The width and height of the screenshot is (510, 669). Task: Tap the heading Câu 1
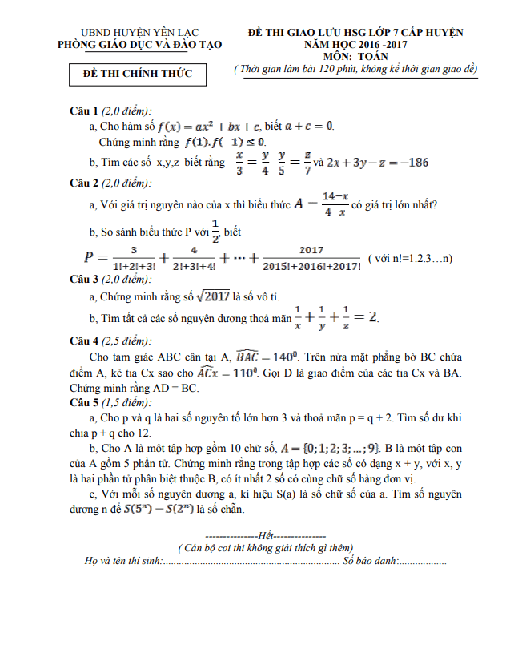[x=84, y=111]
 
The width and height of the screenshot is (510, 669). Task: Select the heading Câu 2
[x=84, y=182]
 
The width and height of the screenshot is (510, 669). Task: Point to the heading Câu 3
[x=84, y=279]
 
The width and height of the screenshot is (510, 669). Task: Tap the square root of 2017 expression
[x=211, y=296]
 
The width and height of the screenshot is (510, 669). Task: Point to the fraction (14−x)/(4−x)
[x=334, y=204]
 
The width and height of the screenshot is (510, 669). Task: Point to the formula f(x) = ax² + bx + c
[x=209, y=127]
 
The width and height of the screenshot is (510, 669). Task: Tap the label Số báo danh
[x=370, y=561]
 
